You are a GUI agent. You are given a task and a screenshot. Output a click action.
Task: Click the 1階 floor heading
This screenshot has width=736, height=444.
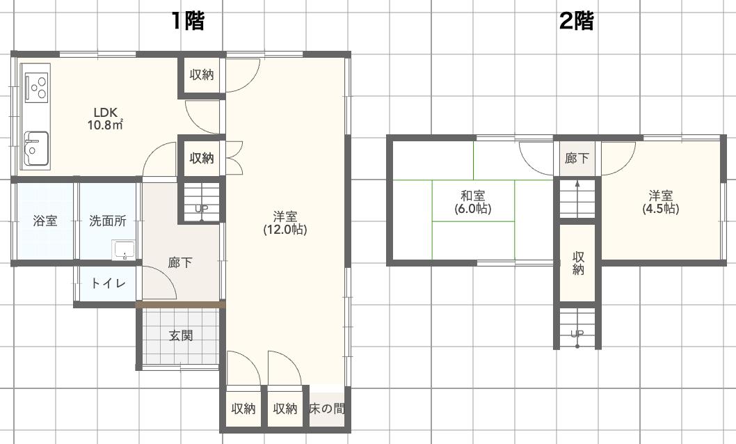pos(188,22)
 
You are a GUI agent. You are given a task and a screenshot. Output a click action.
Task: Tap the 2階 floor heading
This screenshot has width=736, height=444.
pos(577,22)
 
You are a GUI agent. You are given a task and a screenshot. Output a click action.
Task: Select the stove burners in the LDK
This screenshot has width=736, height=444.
pos(36,86)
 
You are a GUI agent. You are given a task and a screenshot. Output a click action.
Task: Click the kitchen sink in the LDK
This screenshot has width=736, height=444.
pos(35,148)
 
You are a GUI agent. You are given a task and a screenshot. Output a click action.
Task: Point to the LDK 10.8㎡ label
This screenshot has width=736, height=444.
pos(105,119)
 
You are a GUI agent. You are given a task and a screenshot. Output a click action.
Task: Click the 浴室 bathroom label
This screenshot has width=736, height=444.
pos(45,221)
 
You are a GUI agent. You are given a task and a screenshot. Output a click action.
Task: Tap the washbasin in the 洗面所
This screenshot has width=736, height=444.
pos(125,250)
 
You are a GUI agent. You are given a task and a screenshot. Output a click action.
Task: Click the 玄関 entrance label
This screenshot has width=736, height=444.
pos(181,335)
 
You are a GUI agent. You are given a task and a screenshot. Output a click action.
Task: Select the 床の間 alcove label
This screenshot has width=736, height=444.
pos(327,409)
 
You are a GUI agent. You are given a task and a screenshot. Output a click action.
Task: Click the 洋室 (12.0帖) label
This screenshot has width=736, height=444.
pos(285,222)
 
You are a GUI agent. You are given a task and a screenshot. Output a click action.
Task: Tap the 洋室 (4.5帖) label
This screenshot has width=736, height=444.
pos(660,202)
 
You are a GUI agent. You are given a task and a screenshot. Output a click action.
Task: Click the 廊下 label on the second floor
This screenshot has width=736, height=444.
pos(577,159)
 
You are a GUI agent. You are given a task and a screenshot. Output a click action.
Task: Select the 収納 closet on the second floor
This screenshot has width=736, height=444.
pos(578,262)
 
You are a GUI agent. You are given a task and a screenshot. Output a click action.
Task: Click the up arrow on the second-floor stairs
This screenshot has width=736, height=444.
pos(577,185)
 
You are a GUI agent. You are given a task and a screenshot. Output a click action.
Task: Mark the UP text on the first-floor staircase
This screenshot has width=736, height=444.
pos(201,209)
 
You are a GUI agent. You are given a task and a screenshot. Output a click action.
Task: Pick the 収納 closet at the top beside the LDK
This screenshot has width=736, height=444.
pos(202,75)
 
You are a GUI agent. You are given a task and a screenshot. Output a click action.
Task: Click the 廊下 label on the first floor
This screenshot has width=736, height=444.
pos(181,263)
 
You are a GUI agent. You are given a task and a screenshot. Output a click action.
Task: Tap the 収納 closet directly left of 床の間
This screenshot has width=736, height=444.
pos(285,409)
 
